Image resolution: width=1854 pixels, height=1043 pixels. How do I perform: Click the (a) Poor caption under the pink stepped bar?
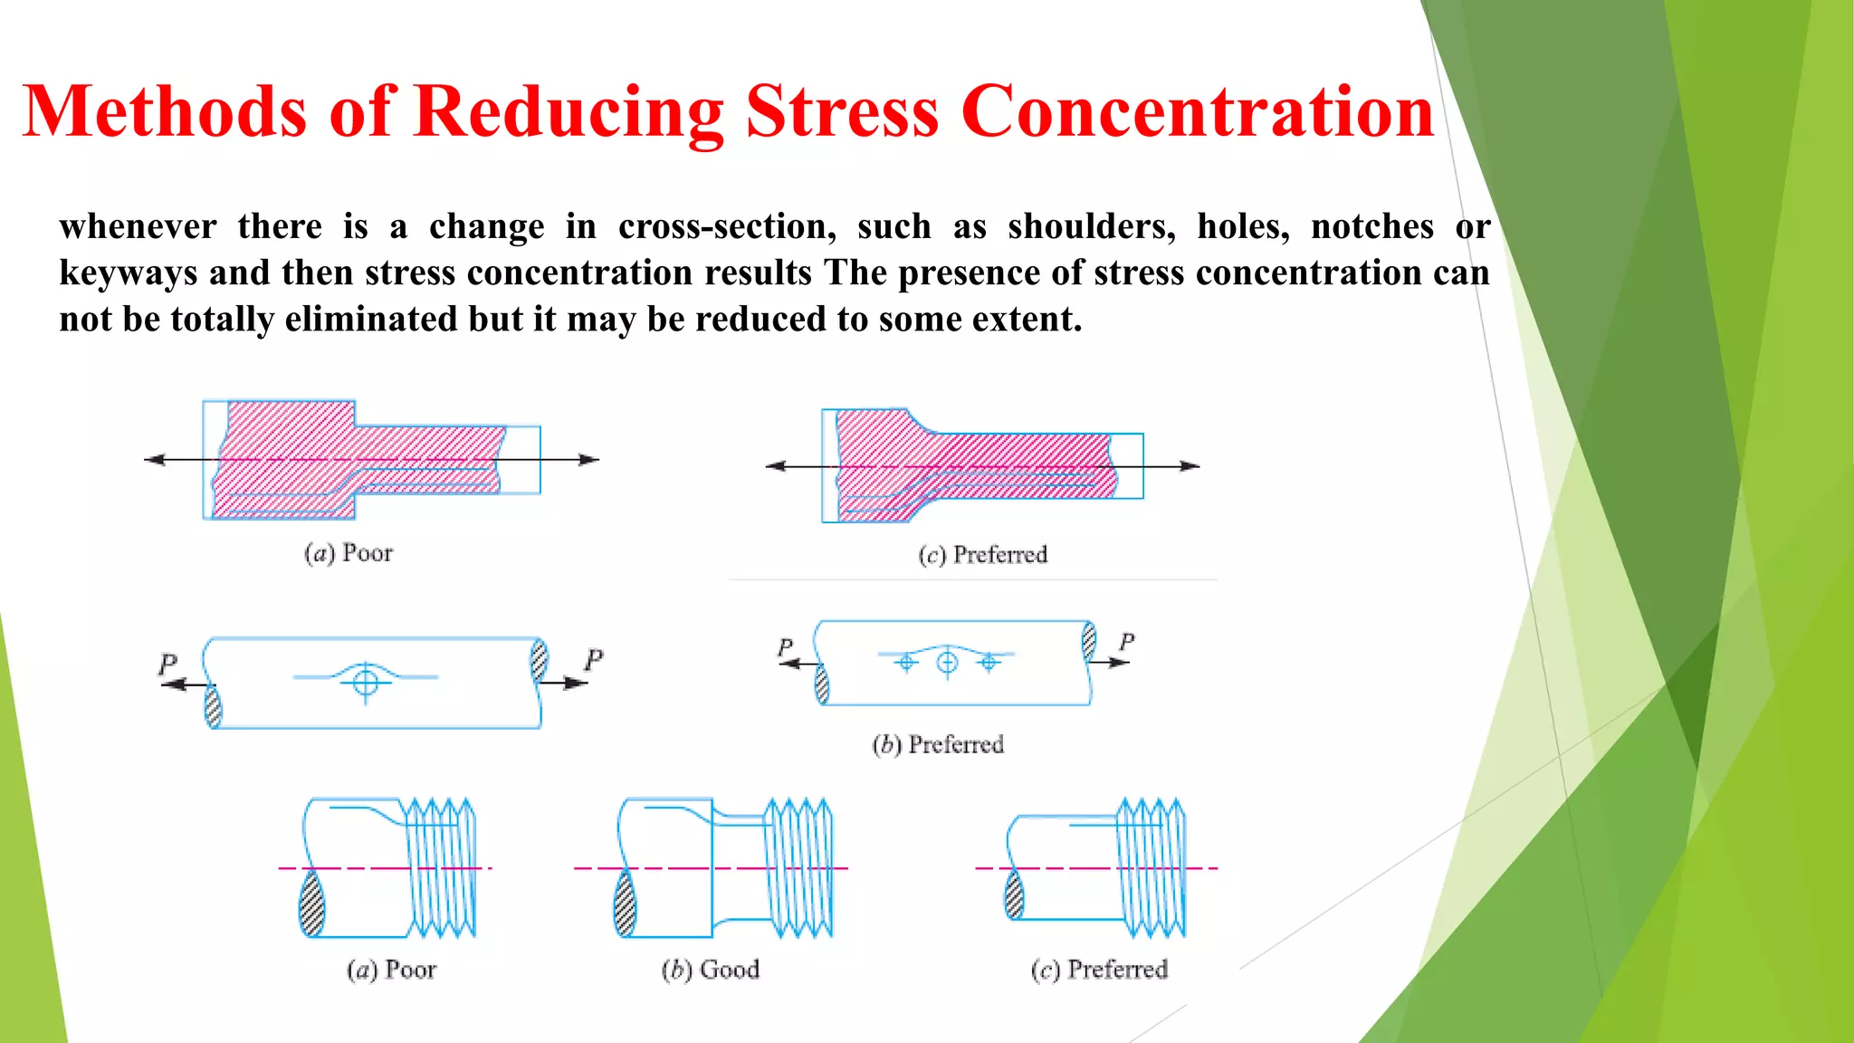(x=349, y=553)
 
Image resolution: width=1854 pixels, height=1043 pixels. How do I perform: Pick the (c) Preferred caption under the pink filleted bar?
(x=983, y=555)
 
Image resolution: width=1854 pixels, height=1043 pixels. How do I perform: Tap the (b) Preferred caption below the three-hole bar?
(x=938, y=745)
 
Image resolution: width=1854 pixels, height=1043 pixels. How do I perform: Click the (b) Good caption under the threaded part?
(x=711, y=970)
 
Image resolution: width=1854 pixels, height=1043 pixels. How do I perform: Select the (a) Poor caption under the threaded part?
(x=391, y=970)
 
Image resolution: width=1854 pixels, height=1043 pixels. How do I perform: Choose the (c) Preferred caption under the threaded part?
(x=1099, y=970)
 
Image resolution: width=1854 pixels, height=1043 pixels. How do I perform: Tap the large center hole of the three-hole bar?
(x=947, y=663)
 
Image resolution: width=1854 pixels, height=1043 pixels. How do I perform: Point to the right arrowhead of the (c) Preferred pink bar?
(x=1190, y=466)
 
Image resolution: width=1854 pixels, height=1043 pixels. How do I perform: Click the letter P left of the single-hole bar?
(x=167, y=664)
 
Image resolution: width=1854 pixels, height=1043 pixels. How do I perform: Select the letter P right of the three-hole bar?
(x=1126, y=642)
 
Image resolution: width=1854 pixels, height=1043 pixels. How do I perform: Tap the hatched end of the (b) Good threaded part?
(x=625, y=903)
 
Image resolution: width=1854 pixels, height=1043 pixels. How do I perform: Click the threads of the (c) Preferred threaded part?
(x=1151, y=867)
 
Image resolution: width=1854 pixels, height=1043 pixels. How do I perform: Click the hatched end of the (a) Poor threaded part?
(x=311, y=903)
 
